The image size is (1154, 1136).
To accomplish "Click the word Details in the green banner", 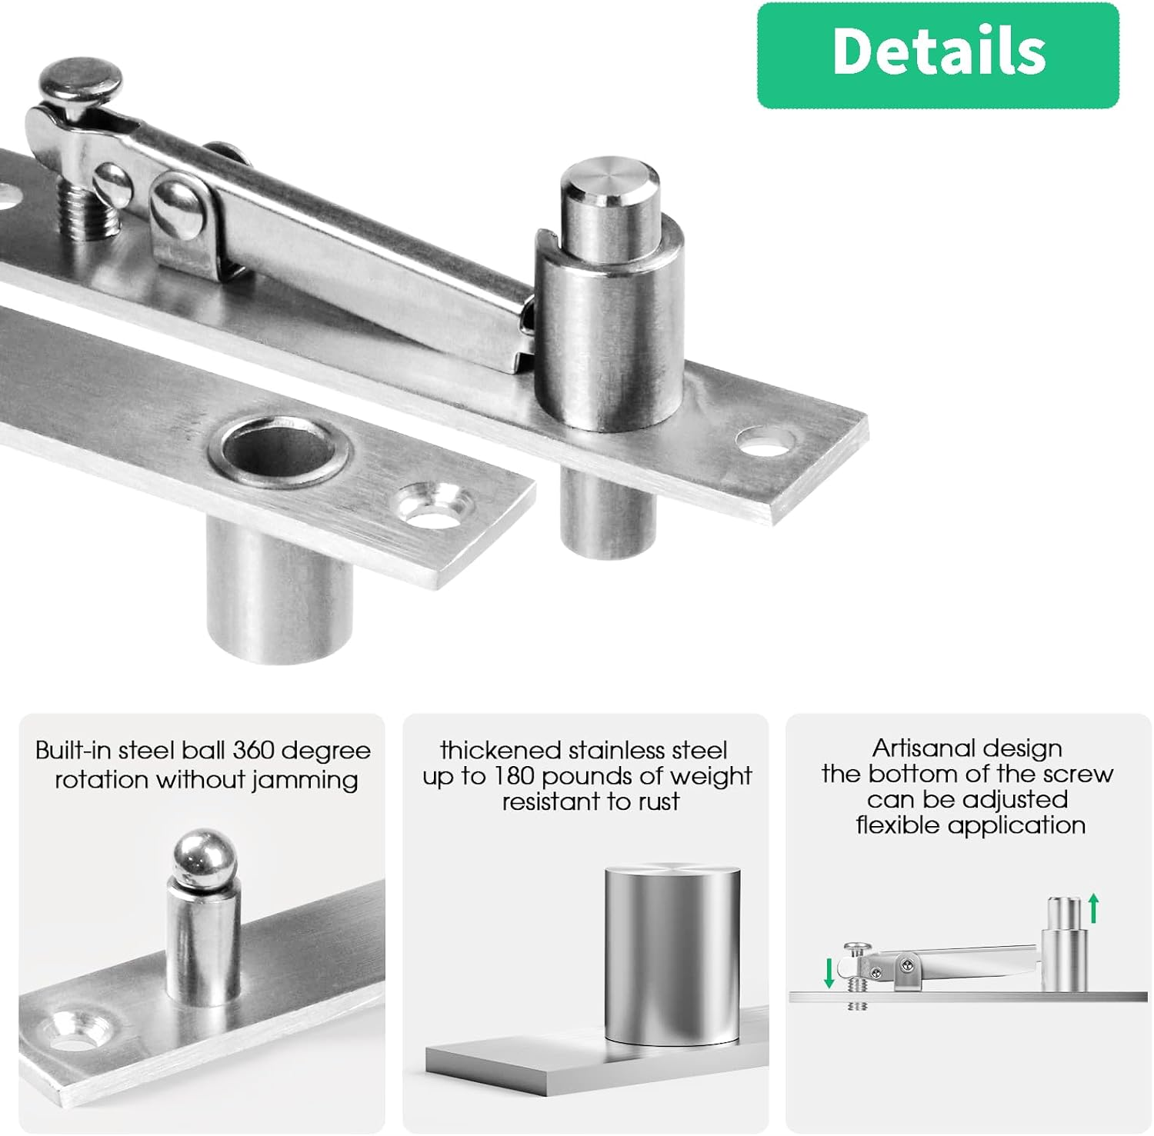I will pos(938,52).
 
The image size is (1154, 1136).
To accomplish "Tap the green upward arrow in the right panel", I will pos(1093,908).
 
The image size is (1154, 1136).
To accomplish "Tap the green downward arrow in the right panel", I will pos(829,972).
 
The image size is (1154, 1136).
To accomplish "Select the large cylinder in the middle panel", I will pos(672,954).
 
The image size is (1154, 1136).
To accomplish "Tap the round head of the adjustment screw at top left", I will pos(82,80).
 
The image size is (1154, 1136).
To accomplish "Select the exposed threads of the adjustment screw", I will pos(91,214).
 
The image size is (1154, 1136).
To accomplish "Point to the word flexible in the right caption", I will pos(899,825).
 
